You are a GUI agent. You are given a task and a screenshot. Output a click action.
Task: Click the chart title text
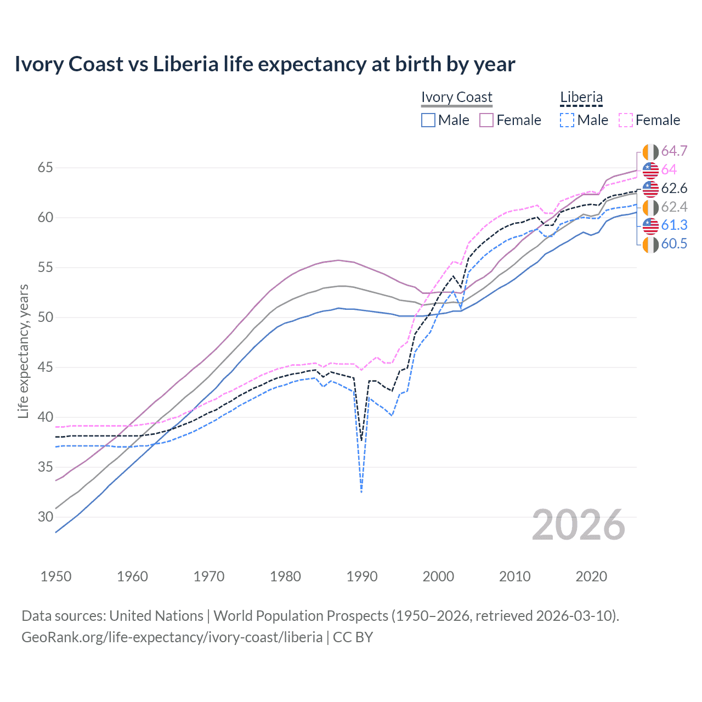(x=265, y=64)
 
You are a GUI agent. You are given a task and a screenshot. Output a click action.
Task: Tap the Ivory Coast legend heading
(x=456, y=97)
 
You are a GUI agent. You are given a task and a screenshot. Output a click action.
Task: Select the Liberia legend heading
(x=581, y=97)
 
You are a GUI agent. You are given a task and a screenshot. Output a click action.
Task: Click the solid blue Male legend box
(x=428, y=120)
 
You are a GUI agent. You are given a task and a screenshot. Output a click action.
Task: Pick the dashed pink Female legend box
(x=626, y=120)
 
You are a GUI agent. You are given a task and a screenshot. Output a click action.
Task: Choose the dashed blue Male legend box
(x=567, y=120)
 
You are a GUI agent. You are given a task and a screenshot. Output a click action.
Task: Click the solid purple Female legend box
(x=486, y=120)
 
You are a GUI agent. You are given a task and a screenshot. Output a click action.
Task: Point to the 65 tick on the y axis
(x=45, y=167)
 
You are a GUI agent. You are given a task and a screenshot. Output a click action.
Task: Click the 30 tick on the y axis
(x=45, y=517)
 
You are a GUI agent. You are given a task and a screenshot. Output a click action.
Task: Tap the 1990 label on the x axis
(x=362, y=576)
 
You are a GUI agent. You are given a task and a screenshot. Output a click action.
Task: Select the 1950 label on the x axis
(x=56, y=576)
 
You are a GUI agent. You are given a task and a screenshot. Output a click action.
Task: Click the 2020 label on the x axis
(x=591, y=576)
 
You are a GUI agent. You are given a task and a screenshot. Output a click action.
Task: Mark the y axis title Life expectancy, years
(x=23, y=351)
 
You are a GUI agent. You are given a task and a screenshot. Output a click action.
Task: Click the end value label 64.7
(x=674, y=151)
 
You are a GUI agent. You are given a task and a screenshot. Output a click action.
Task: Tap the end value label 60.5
(x=674, y=244)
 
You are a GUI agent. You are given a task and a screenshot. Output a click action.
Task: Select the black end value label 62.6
(x=674, y=189)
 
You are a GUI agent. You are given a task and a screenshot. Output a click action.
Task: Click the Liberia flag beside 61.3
(x=650, y=225)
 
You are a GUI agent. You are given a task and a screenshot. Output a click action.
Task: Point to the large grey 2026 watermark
(x=578, y=525)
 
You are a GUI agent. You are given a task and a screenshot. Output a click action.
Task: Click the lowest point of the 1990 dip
(x=361, y=492)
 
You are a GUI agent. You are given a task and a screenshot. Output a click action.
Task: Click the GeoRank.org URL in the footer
(x=172, y=637)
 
